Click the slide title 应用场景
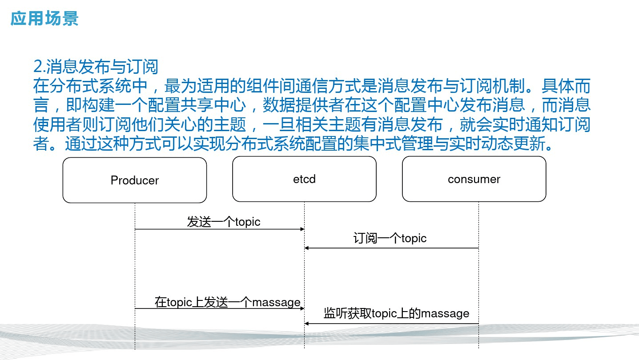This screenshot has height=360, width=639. click(44, 19)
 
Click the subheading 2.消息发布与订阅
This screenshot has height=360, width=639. click(96, 67)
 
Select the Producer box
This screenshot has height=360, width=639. click(135, 180)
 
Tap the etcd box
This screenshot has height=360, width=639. click(304, 179)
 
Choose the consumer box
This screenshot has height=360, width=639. click(474, 179)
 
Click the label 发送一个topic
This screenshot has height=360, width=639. click(224, 222)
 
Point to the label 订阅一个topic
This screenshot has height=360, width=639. click(390, 238)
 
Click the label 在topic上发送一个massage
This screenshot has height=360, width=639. click(228, 302)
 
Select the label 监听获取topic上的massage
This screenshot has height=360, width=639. click(397, 313)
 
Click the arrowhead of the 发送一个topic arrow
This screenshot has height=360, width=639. click(303, 229)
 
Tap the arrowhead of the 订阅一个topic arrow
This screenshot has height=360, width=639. click(306, 248)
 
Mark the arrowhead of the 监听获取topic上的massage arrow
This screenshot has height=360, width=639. click(306, 324)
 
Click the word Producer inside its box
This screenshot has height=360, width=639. click(135, 180)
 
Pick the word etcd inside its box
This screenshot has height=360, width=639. click(304, 179)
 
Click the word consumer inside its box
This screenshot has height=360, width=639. click(474, 179)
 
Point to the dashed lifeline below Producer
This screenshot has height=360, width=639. click(135, 276)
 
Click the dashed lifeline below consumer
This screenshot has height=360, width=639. click(478, 275)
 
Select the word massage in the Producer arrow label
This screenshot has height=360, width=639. click(277, 303)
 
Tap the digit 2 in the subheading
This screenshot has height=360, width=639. click(38, 67)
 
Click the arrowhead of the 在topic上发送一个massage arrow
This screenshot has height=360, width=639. click(303, 308)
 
